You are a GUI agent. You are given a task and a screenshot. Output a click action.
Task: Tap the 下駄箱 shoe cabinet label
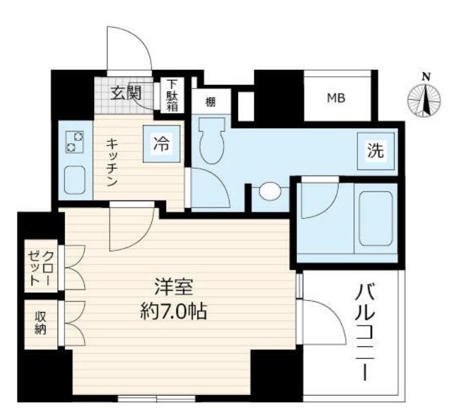pos(172,95)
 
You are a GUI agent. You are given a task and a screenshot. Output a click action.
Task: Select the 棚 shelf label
pos(211,101)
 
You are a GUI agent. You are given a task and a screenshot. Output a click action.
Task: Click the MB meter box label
pos(335,98)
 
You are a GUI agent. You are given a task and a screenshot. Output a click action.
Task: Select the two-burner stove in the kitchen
pos(75,142)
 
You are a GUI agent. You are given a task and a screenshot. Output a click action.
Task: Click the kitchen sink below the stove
pos(75,180)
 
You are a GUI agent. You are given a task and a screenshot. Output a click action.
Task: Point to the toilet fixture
pos(211,141)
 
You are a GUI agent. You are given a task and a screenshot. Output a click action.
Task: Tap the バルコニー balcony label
pos(364,333)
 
